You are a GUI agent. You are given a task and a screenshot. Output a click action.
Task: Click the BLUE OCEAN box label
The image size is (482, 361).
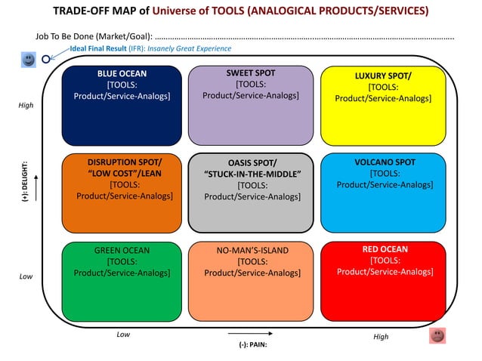[x=122, y=74]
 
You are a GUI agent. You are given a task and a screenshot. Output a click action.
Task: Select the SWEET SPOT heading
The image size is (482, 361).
[x=250, y=73]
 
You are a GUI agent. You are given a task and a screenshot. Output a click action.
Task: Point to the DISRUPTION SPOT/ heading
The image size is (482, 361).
[x=125, y=162]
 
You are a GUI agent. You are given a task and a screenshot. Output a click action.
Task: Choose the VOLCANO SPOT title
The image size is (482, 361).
[x=385, y=162]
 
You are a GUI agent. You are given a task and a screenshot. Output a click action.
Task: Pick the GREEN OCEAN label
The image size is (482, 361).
[x=122, y=250]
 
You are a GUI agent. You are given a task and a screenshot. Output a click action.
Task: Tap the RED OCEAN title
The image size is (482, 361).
[x=385, y=249]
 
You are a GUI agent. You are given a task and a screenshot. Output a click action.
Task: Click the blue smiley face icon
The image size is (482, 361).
[x=29, y=59]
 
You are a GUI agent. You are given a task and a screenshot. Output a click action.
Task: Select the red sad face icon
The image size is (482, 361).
[x=437, y=335]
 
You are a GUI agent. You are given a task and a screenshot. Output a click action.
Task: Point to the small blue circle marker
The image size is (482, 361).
[x=46, y=57]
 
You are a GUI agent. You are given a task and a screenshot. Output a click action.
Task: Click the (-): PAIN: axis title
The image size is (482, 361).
[x=249, y=344]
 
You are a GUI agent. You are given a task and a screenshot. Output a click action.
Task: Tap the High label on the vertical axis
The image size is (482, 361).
[x=26, y=106]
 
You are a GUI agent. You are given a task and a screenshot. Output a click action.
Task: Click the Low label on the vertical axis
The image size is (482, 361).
[x=26, y=276]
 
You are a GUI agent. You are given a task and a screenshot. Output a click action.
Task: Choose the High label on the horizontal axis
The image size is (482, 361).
[x=381, y=337]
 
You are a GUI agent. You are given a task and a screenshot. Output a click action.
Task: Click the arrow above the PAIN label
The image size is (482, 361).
[x=248, y=332]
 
